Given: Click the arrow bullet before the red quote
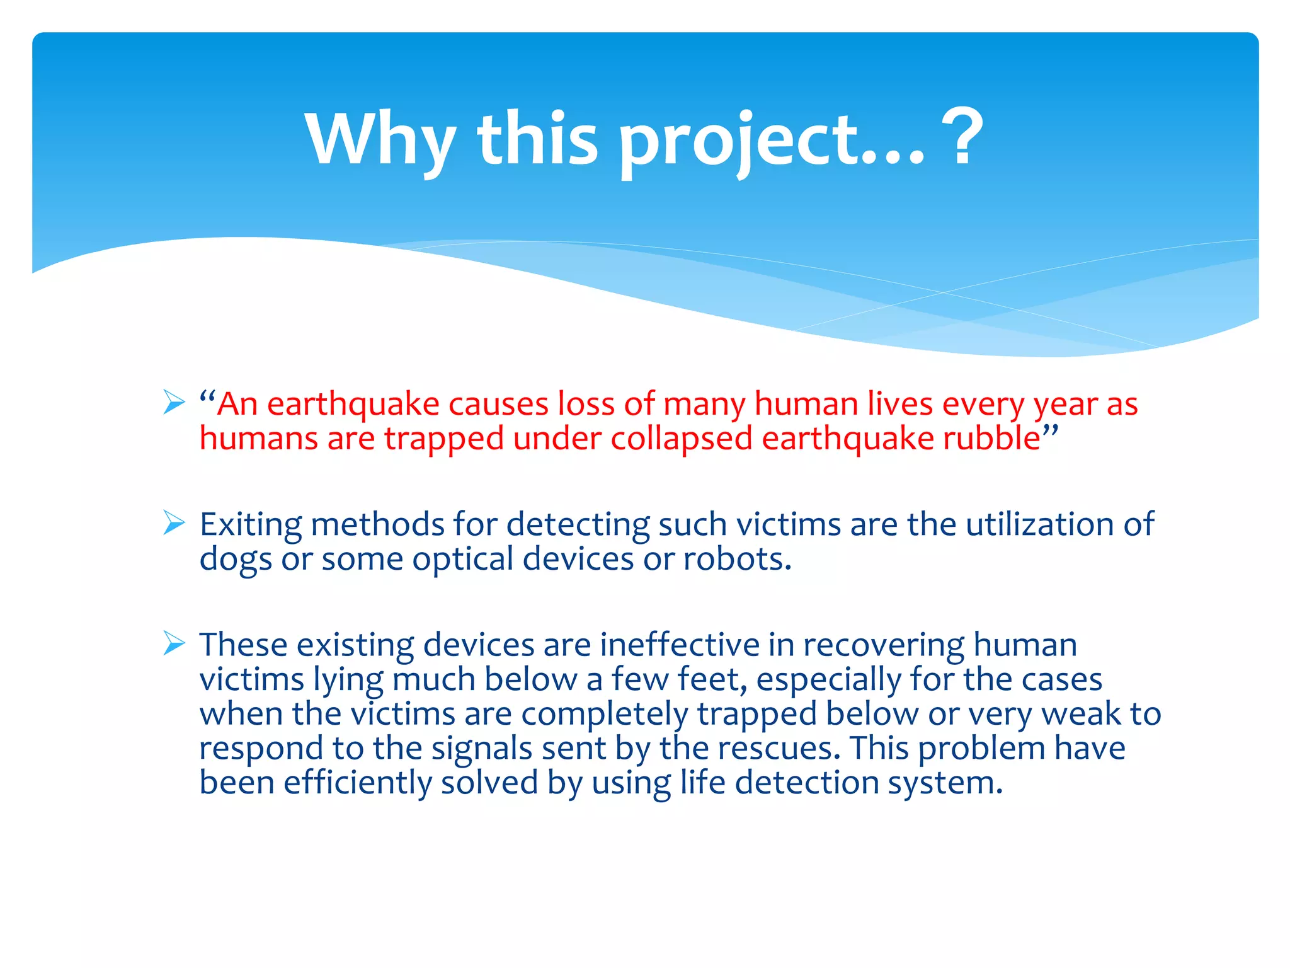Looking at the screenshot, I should (174, 402).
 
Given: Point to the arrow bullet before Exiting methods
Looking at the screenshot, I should (174, 522).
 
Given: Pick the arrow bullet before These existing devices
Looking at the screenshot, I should (174, 643).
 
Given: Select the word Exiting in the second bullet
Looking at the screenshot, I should (251, 525).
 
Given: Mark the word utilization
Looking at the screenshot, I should (1040, 525).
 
